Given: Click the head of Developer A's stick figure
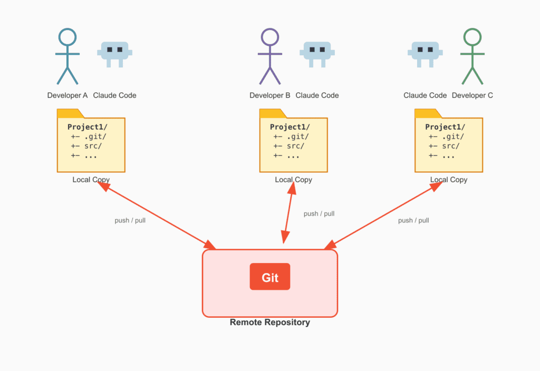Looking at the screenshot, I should click(67, 37).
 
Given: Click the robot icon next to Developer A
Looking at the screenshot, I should click(114, 53).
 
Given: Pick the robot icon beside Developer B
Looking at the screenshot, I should click(316, 53).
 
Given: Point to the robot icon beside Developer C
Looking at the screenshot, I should click(425, 53).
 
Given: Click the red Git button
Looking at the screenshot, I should click(270, 277).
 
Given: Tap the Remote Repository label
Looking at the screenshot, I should click(270, 322).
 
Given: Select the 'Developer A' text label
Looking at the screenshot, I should click(67, 95).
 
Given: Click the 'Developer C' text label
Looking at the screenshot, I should click(472, 95).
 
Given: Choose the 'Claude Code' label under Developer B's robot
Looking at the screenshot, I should click(317, 95).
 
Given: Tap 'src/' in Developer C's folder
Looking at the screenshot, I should click(451, 146).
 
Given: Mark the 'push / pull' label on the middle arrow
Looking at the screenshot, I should click(319, 213).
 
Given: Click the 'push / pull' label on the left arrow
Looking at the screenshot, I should click(130, 220).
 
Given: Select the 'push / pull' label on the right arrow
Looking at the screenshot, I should click(413, 220).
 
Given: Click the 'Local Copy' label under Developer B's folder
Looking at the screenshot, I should click(293, 180).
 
